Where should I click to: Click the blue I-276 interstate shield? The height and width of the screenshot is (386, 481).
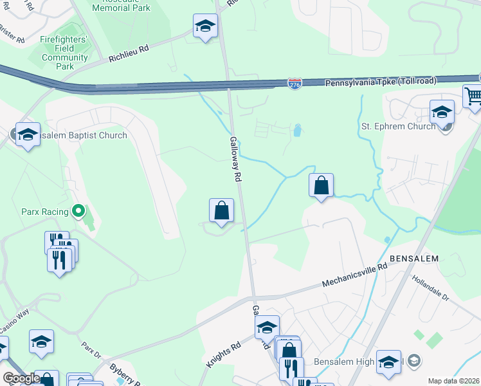pos(294,84)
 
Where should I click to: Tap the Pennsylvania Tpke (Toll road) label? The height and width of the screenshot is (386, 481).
pos(381,82)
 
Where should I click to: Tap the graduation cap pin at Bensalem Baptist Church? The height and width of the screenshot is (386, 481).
pos(28,135)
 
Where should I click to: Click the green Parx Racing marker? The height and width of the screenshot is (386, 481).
pos(79,210)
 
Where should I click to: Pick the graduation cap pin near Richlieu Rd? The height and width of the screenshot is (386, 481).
pos(205,26)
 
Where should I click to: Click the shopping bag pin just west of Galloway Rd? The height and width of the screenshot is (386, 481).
pos(221,210)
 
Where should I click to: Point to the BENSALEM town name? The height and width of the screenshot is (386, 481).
pos(413,259)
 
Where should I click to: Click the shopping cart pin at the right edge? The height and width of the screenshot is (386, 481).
pos(473,97)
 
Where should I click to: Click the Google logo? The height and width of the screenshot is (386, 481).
pos(21,378)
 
